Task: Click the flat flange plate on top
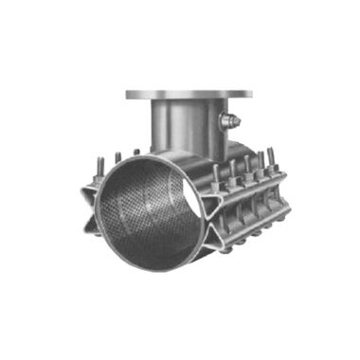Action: (189, 94)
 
